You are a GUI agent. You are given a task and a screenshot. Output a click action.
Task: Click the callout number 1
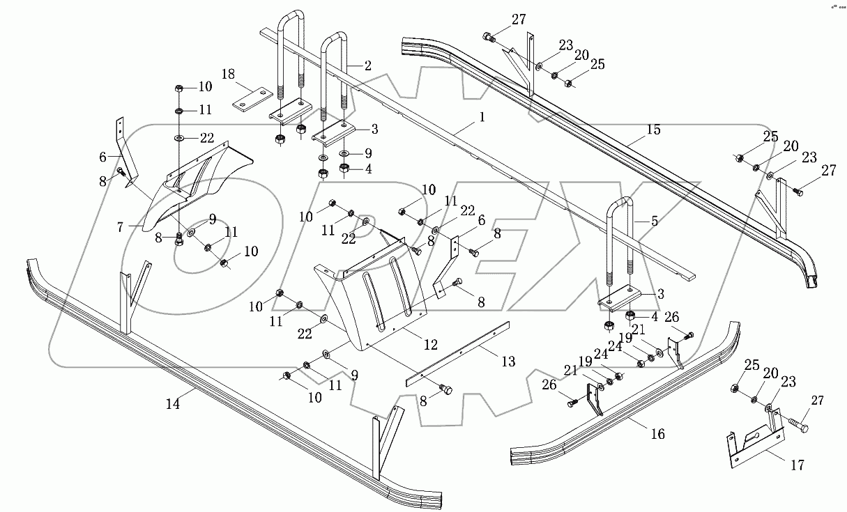point(480,119)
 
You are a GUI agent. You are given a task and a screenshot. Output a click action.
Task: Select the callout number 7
point(120,227)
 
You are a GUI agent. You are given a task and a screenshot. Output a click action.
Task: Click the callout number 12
point(430,343)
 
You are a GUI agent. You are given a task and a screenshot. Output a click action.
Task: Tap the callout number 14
point(172,403)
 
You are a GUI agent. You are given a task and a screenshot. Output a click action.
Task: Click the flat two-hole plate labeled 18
point(251,98)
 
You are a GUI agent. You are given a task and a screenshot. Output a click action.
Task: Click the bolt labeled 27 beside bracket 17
point(798,423)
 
